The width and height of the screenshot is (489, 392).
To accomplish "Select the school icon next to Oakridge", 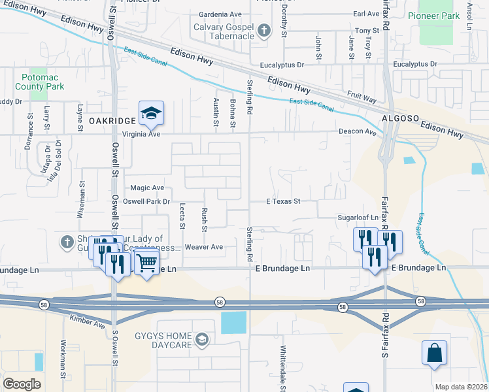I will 151,115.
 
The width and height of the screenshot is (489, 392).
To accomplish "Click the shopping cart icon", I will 148,262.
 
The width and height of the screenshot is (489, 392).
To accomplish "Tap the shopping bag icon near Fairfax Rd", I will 435,353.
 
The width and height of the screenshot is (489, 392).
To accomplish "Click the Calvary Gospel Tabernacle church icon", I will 263,31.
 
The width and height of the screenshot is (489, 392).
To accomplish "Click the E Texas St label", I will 283,201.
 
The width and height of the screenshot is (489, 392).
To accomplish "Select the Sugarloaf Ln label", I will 358,216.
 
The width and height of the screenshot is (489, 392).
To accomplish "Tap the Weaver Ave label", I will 204,247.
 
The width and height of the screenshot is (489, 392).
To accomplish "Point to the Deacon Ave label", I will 358,132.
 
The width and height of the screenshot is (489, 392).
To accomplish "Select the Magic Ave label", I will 147,188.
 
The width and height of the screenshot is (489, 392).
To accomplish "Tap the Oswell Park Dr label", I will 148,201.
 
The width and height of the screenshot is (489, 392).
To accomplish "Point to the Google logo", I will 22,384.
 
